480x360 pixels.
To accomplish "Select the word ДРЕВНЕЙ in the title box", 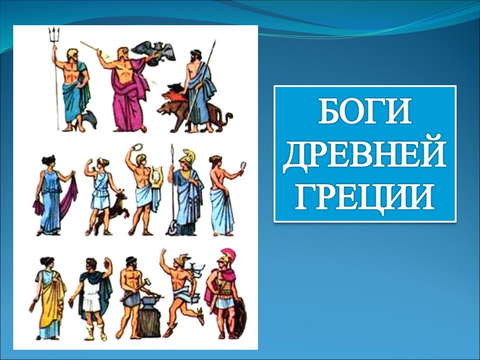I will click(x=365, y=154).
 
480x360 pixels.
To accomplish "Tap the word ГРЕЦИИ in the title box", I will click(x=365, y=197).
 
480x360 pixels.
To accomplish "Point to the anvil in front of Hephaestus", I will click(x=148, y=317).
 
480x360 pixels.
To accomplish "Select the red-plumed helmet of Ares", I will click(x=227, y=256).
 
